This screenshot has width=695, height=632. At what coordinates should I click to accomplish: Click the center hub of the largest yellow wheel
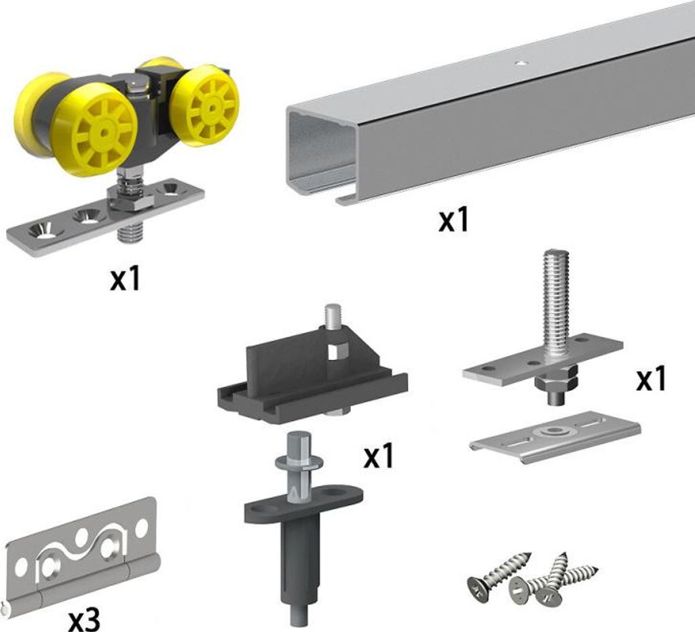tap(105, 132)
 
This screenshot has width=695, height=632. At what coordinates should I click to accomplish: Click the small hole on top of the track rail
tap(522, 63)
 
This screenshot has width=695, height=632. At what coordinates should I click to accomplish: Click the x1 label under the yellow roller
tap(125, 279)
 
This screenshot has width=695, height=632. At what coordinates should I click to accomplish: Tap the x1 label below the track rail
tap(453, 220)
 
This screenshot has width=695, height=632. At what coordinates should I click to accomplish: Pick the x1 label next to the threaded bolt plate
tap(651, 380)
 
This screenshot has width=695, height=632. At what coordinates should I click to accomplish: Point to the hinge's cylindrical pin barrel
tap(82, 587)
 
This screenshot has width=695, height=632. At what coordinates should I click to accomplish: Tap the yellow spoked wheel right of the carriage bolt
tap(206, 104)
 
